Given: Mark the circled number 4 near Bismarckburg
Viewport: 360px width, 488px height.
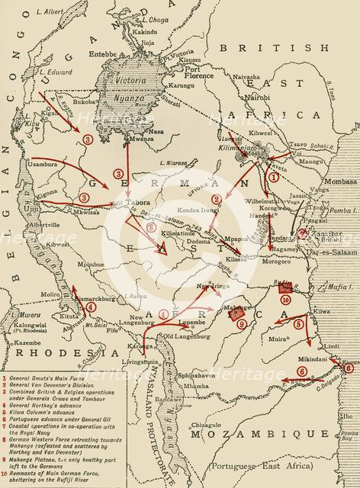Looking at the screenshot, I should click(92, 307).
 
